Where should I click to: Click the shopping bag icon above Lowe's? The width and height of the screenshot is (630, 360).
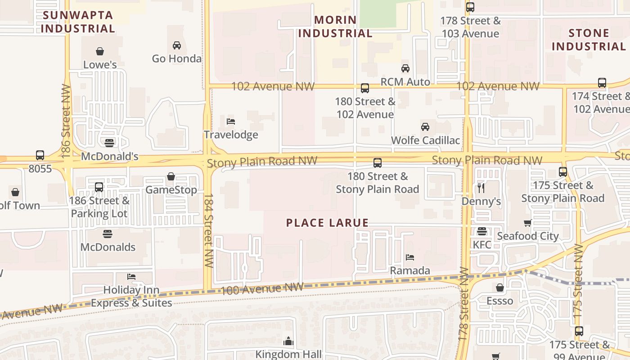tap(100, 51)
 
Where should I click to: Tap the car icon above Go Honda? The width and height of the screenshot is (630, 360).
tap(177, 45)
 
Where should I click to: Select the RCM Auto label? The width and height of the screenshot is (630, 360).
tap(405, 81)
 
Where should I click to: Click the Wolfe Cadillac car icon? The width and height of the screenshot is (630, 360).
tap(425, 126)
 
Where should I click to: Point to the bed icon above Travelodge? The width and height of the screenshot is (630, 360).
tap(231, 121)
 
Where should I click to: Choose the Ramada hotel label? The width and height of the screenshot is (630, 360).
tap(410, 270)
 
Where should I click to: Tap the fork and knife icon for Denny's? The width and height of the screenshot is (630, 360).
tap(481, 188)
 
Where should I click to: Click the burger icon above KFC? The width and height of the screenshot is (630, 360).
tap(482, 231)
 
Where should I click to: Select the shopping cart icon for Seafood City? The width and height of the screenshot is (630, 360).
tap(528, 223)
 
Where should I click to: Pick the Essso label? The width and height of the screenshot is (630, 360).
tap(499, 300)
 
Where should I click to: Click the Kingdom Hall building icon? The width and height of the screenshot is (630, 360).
tap(288, 341)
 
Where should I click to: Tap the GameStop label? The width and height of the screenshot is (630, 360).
tap(171, 189)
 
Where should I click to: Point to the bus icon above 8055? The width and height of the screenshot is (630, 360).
tap(40, 155)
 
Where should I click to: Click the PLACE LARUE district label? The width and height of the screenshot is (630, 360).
tap(327, 223)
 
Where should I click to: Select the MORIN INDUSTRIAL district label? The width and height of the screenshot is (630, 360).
tap(335, 27)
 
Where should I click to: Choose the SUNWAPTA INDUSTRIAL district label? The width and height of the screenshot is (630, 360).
tap(78, 22)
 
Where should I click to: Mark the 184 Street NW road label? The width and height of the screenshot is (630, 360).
tap(208, 230)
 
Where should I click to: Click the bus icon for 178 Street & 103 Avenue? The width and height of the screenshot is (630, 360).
tap(470, 7)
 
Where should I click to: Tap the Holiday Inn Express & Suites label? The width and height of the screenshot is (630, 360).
tap(131, 296)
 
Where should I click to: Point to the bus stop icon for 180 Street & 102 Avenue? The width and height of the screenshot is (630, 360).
tap(365, 88)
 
